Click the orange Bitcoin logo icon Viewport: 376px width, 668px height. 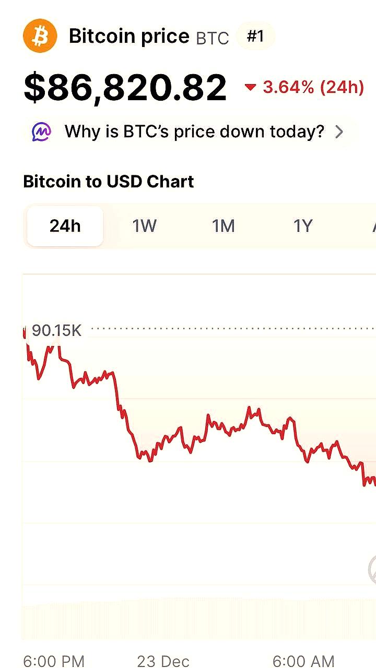point(40,36)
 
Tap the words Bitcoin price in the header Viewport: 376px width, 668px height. point(129,37)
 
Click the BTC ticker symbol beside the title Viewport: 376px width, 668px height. point(213,38)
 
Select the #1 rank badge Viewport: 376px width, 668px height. point(255,36)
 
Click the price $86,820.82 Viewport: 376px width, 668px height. point(125,87)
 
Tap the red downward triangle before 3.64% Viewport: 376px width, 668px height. point(251,87)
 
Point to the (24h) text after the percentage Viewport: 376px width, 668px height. point(342,87)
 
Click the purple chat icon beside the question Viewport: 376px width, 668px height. point(42,132)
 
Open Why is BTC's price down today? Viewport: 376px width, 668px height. point(194,132)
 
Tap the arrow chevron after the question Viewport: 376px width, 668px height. point(339,132)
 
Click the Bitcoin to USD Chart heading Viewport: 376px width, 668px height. point(109,182)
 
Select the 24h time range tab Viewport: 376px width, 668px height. point(65,226)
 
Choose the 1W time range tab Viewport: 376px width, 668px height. point(144,226)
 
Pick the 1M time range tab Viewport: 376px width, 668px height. point(223,226)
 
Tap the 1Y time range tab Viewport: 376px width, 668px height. point(302,226)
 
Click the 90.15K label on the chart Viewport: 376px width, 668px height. point(56,330)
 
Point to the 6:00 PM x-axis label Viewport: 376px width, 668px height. point(54,661)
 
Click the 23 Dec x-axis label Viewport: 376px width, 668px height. point(163,661)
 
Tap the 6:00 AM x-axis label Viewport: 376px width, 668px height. point(303,661)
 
